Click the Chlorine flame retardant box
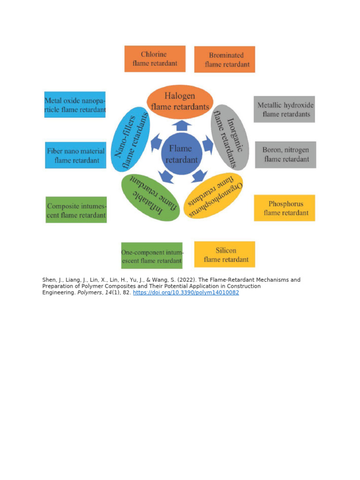(x=155, y=59)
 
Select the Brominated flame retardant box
(x=225, y=60)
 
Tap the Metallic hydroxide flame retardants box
(x=285, y=109)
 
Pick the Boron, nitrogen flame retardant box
(x=285, y=155)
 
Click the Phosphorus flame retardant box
(x=285, y=208)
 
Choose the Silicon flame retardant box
(x=225, y=255)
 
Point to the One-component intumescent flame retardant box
(x=152, y=255)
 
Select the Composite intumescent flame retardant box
(x=76, y=210)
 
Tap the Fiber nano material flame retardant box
(x=75, y=155)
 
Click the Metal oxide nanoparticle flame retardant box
(x=75, y=105)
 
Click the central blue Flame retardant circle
(x=181, y=154)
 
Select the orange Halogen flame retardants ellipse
(x=180, y=102)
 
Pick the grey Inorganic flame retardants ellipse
(x=230, y=137)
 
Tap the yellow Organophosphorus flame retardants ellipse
(x=213, y=195)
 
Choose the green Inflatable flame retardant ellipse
(x=150, y=197)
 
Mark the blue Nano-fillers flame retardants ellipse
(x=130, y=139)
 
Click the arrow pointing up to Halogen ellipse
(x=182, y=126)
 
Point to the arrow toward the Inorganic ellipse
(x=208, y=145)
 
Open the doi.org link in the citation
(x=186, y=292)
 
